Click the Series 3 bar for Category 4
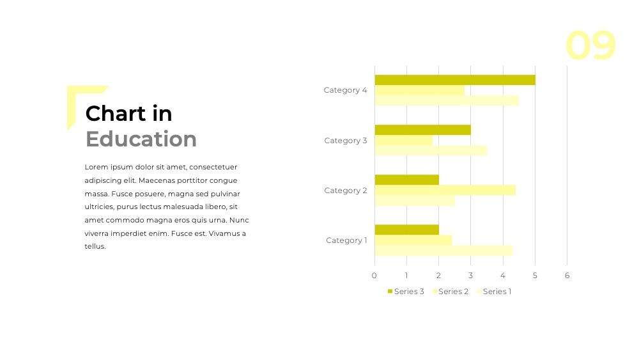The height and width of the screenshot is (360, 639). (455, 80)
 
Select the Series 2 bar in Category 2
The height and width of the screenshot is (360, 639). (445, 191)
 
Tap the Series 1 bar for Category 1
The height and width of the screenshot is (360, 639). (443, 251)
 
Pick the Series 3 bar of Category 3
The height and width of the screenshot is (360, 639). (422, 130)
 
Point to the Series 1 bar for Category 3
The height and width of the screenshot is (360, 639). (431, 150)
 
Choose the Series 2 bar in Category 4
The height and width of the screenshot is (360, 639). (420, 90)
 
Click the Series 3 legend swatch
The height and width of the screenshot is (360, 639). (390, 291)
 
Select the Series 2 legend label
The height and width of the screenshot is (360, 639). (453, 292)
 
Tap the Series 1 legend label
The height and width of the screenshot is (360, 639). (497, 292)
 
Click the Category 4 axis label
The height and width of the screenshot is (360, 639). (345, 90)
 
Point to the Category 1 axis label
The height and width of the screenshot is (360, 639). (346, 240)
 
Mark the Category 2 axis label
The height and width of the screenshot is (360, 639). (346, 191)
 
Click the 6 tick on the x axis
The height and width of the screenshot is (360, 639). (567, 276)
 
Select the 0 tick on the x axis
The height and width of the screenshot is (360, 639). (374, 276)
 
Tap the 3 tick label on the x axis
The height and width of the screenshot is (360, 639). (471, 276)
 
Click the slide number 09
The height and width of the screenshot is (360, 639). (590, 45)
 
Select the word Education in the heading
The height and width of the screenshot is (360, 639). (141, 139)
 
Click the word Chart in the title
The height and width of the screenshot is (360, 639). (115, 113)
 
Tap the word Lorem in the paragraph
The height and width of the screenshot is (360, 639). (96, 167)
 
